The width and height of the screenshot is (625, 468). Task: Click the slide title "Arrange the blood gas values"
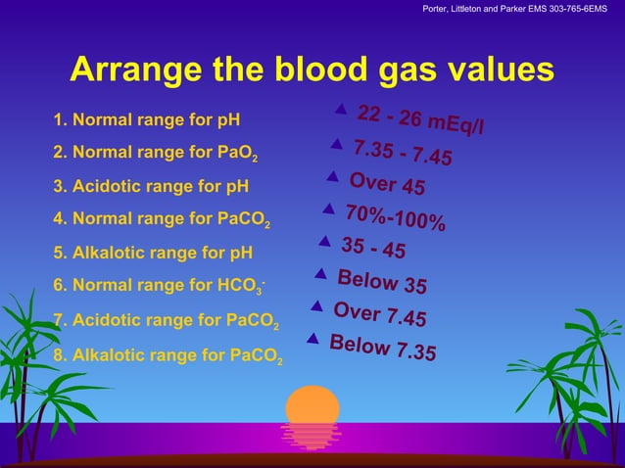(x=312, y=70)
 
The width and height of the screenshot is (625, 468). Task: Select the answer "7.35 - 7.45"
(x=403, y=152)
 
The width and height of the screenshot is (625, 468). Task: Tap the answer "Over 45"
(x=387, y=184)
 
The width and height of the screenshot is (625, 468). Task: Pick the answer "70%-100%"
(x=395, y=217)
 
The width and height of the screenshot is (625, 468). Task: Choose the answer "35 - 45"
(x=373, y=248)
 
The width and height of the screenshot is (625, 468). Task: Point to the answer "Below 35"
(x=382, y=281)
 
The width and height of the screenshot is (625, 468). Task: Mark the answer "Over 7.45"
(x=379, y=314)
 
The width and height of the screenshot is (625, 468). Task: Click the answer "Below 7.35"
(x=383, y=348)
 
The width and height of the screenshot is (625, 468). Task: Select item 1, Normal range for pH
(x=147, y=121)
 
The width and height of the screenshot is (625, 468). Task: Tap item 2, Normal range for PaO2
(x=157, y=154)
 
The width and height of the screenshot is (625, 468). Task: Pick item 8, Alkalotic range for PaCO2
(x=168, y=355)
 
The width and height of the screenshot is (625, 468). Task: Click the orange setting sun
(x=312, y=406)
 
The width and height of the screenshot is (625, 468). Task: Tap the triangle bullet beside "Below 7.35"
(x=312, y=339)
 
